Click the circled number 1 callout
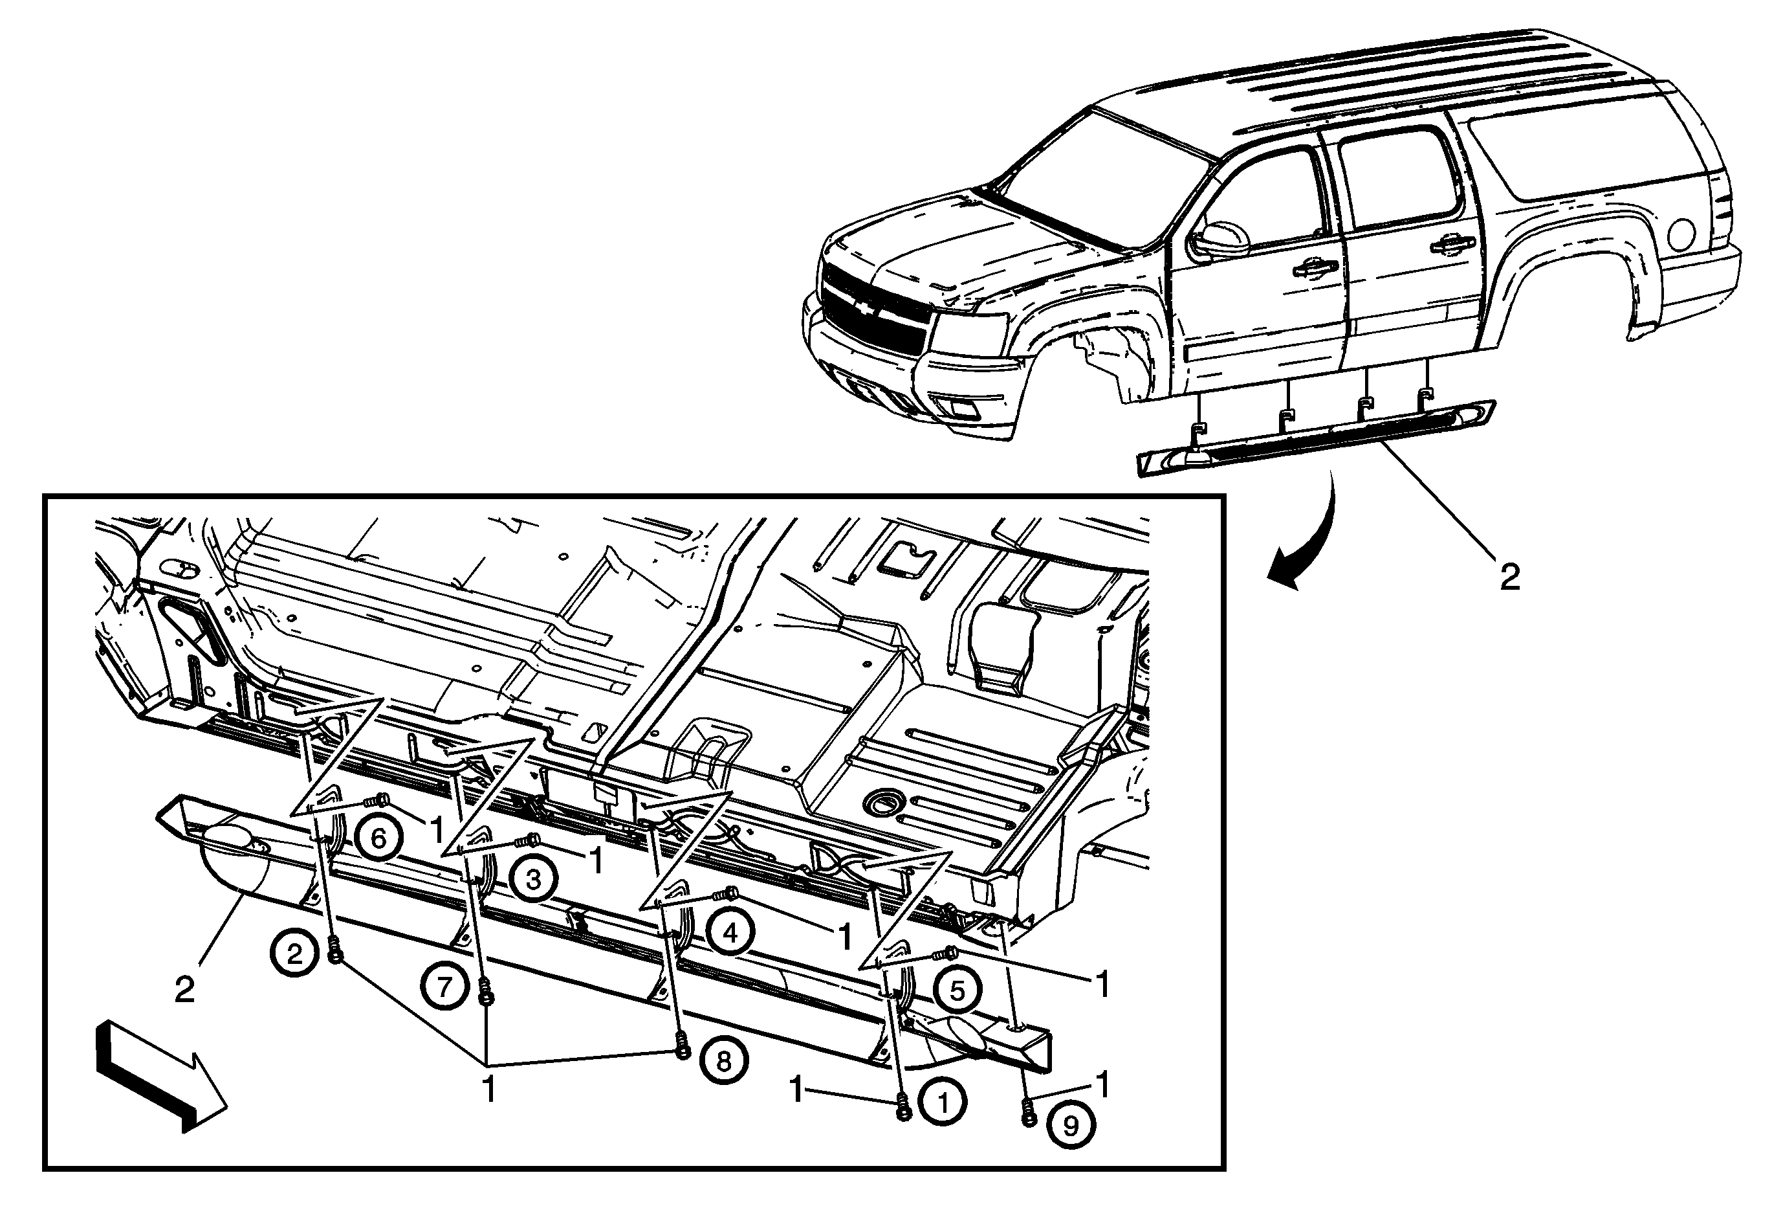pyautogui.click(x=943, y=1103)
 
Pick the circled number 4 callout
pyautogui.click(x=730, y=932)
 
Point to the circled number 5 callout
pyautogui.click(x=957, y=990)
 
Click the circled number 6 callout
pyautogui.click(x=379, y=838)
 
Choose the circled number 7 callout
pyautogui.click(x=446, y=986)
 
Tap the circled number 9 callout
pyautogui.click(x=1071, y=1126)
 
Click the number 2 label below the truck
pyautogui.click(x=1510, y=577)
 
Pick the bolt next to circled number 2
pyautogui.click(x=334, y=952)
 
